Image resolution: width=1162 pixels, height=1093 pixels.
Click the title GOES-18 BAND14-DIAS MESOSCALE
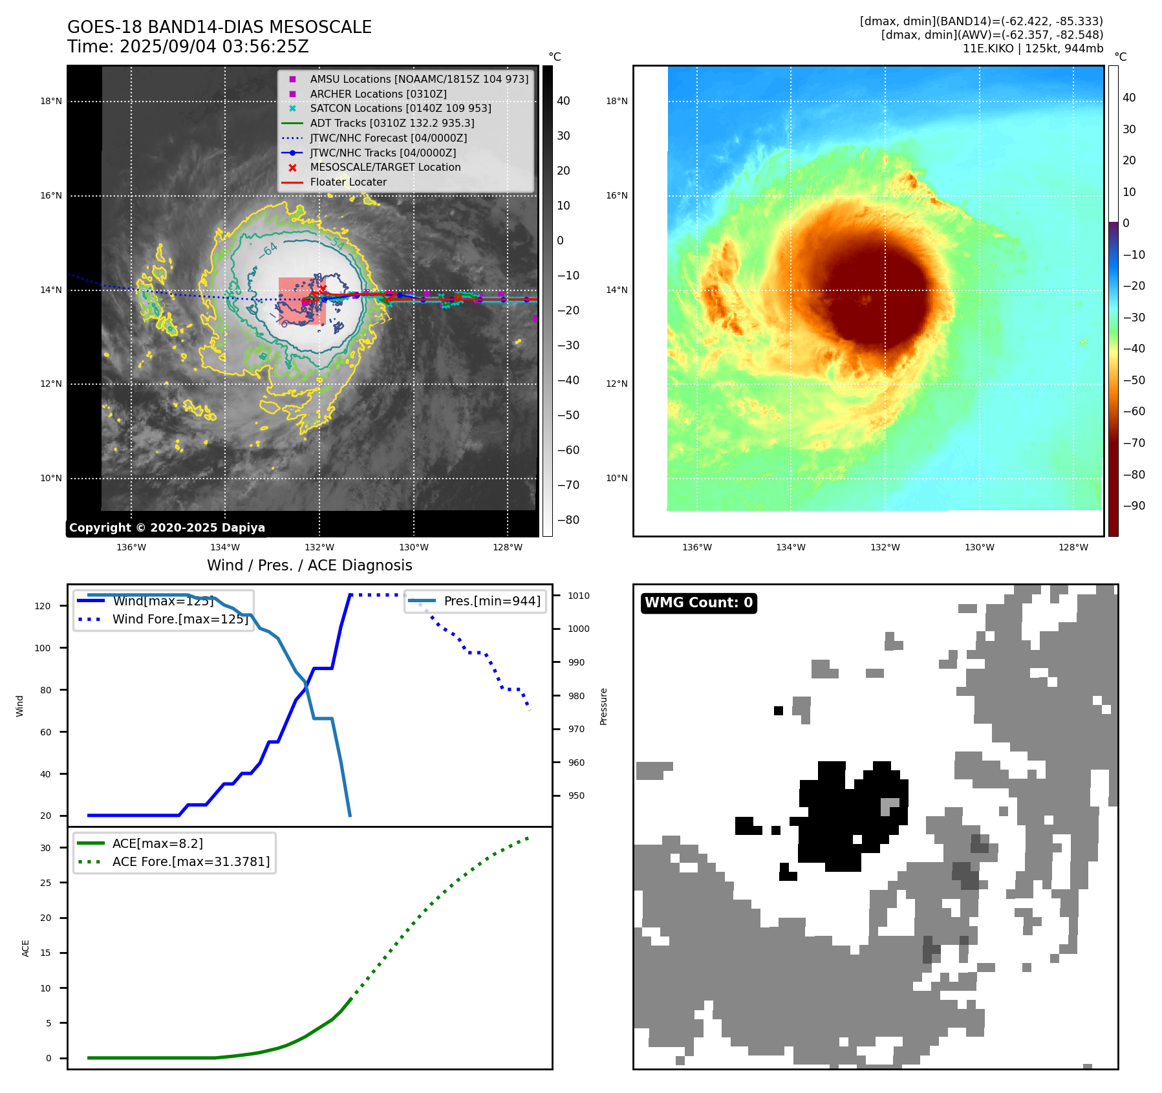[219, 27]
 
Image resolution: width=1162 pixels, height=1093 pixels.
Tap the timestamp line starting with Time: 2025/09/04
[188, 47]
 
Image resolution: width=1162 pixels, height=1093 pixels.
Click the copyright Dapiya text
[167, 527]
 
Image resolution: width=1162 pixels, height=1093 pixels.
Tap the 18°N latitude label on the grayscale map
[51, 101]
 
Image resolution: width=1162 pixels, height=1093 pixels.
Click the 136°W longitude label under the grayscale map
[131, 547]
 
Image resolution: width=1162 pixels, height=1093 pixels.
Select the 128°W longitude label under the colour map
[1073, 547]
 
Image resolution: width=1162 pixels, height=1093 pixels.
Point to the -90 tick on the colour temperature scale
[1134, 506]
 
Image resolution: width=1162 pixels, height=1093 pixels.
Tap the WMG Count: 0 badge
[698, 603]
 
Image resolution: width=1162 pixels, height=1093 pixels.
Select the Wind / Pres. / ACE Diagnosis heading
[309, 565]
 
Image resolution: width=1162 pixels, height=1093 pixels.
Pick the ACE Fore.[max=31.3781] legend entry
[191, 861]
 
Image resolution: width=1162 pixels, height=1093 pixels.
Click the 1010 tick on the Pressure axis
[579, 596]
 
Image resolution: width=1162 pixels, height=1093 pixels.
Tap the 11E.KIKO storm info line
[1033, 49]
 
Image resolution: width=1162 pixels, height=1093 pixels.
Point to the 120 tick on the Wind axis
[43, 606]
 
